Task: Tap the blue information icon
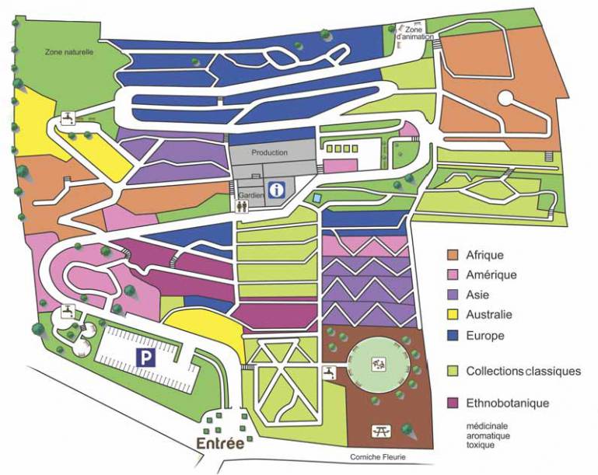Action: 276,189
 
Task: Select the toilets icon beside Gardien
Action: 243,205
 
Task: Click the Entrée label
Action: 219,443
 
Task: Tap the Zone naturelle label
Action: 68,52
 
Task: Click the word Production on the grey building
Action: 270,153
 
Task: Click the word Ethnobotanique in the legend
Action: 508,403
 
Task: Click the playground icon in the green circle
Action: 379,363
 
